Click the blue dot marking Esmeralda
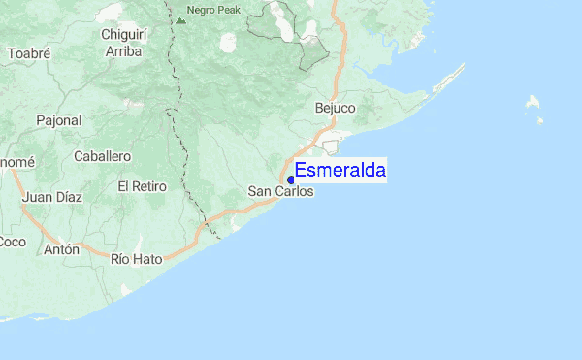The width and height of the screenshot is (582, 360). [x=291, y=180]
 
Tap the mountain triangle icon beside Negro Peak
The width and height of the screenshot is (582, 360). [x=180, y=18]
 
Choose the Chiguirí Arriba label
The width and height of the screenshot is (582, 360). [x=122, y=43]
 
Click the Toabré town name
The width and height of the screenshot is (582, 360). [x=28, y=53]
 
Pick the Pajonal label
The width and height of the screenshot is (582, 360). [x=59, y=120]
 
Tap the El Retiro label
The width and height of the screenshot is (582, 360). [x=143, y=185]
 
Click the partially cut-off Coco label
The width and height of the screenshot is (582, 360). [x=12, y=241]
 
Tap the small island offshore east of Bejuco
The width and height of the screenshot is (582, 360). [x=533, y=101]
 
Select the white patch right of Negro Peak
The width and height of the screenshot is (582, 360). [x=229, y=43]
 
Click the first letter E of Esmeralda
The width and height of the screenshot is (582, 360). [x=301, y=171]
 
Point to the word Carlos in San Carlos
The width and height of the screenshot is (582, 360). [x=296, y=191]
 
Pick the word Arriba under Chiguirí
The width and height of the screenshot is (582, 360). [x=122, y=50]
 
